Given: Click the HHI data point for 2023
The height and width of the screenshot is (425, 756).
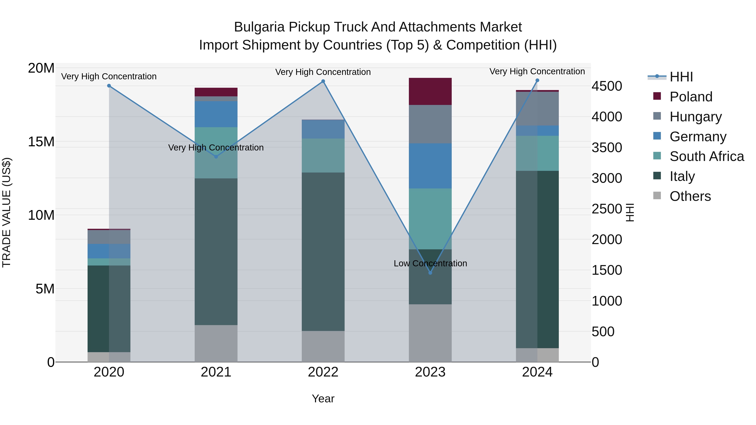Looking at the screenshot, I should (x=430, y=273).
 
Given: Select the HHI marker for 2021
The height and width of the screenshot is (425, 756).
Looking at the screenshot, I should (x=216, y=157).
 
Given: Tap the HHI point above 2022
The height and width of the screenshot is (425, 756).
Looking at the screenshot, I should (x=323, y=81).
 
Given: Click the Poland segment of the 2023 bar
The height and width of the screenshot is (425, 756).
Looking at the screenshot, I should (x=430, y=92).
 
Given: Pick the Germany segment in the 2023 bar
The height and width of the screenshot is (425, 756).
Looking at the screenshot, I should (x=430, y=166).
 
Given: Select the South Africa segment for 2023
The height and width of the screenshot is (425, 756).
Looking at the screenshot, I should (x=430, y=219).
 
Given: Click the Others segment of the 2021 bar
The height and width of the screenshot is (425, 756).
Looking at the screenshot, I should (x=216, y=343).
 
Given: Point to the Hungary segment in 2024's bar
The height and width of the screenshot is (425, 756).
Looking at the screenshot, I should (x=537, y=109).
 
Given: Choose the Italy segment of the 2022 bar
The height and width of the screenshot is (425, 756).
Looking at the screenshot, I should (x=323, y=252).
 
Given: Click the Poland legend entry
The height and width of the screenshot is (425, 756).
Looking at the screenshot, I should (x=691, y=97).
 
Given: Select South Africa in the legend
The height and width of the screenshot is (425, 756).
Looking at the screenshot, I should (x=707, y=156).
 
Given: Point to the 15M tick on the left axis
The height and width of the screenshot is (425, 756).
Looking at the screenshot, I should (x=41, y=142).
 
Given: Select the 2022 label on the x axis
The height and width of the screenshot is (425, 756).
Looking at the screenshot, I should (x=323, y=372).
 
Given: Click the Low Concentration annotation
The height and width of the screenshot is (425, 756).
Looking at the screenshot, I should (x=430, y=263).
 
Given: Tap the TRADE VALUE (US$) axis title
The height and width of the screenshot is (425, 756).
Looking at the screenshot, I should (x=7, y=212).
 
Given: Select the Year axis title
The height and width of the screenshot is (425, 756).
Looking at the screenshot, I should (x=323, y=399).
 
